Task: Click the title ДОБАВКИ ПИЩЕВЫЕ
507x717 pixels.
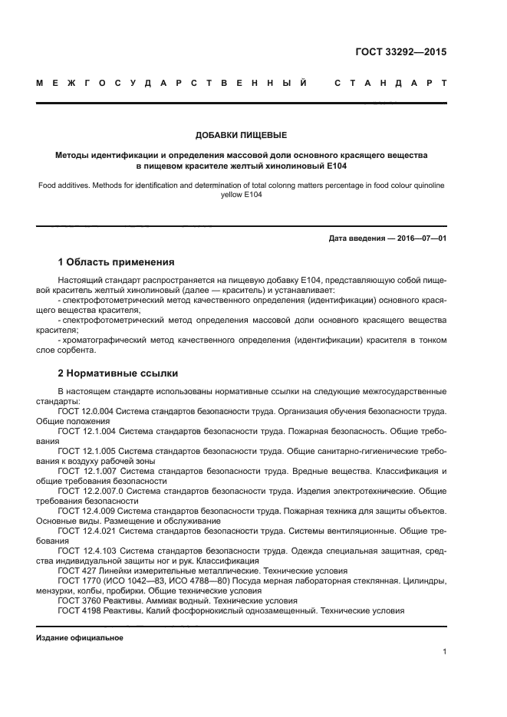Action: point(241,135)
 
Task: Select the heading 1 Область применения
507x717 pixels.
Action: point(116,261)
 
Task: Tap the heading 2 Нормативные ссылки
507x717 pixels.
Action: point(118,373)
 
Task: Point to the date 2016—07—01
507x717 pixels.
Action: point(418,238)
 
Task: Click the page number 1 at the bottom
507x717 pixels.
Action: point(444,652)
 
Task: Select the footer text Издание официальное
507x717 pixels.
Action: point(79,638)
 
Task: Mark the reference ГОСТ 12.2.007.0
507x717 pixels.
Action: point(91,491)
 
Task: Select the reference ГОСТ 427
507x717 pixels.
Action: point(75,571)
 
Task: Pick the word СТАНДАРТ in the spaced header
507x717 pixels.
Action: point(391,82)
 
